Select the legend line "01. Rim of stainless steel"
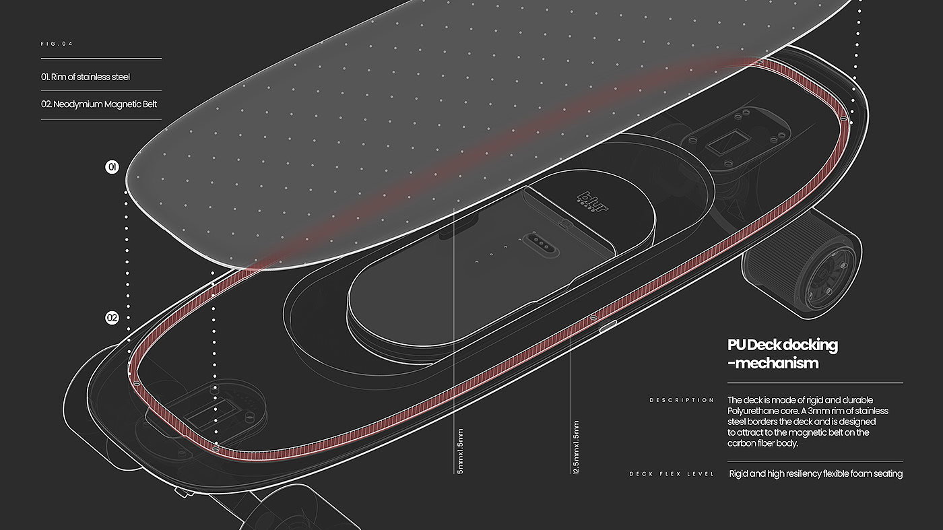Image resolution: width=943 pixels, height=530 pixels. (x=86, y=77)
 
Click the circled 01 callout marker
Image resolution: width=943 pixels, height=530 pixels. (x=112, y=167)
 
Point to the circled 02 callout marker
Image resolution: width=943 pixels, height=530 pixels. (x=112, y=318)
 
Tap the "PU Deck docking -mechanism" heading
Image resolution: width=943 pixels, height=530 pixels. (x=782, y=354)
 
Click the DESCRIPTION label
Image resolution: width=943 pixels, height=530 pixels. (x=681, y=400)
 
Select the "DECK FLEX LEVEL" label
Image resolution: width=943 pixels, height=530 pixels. (x=671, y=474)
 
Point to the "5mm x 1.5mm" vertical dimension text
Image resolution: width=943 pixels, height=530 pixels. (x=460, y=450)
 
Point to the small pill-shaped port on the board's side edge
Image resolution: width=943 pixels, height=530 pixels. (x=608, y=328)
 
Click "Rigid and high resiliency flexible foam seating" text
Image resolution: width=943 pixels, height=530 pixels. (x=816, y=474)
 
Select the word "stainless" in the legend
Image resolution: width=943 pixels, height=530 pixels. (x=98, y=77)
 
